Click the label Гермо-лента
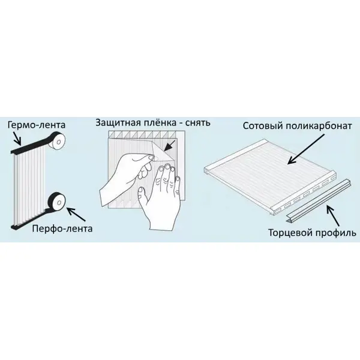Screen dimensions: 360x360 [x=37, y=125]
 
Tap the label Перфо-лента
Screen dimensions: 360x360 [x=62, y=229]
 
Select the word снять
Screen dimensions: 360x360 [x=197, y=123]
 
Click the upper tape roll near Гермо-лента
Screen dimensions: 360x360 [x=57, y=141]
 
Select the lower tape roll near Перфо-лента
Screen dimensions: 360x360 [x=57, y=202]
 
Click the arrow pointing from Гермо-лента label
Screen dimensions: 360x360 [x=17, y=139]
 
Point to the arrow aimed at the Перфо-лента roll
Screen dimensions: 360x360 [x=77, y=214]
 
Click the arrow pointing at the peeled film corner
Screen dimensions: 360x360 [x=169, y=146]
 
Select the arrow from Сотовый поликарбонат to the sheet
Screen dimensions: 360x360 [x=306, y=149]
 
